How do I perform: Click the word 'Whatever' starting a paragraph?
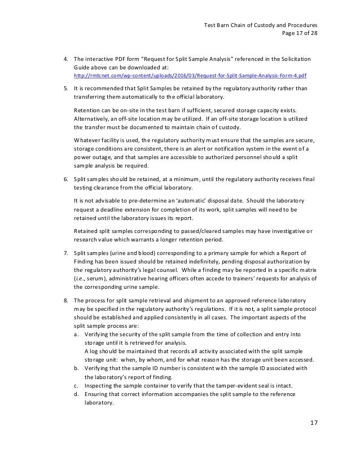click(89, 139)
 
